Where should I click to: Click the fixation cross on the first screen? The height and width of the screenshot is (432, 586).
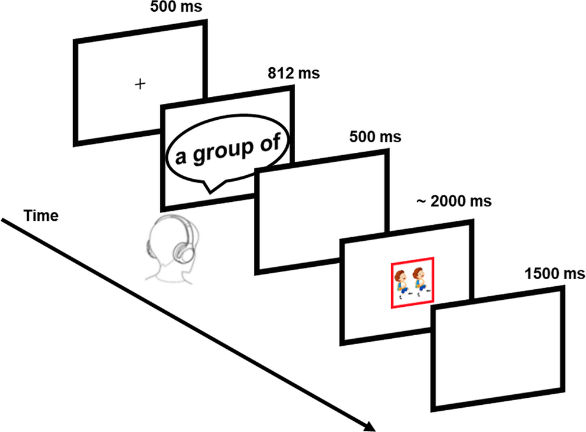[140, 84]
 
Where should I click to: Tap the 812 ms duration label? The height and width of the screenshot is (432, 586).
[292, 74]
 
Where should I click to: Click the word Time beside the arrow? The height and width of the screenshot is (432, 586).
[41, 217]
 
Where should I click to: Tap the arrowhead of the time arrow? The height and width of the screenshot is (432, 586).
[370, 426]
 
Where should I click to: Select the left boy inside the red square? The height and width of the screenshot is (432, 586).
[402, 282]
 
